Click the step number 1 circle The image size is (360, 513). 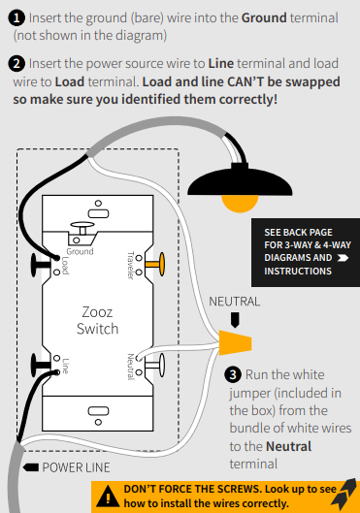tap(16, 17)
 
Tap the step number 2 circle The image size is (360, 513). tap(16, 63)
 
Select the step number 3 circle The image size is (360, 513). tap(233, 374)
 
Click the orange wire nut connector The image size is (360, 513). tap(235, 342)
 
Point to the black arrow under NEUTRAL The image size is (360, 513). tap(235, 320)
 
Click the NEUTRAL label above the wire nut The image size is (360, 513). tap(234, 302)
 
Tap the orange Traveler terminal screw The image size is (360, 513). tap(156, 264)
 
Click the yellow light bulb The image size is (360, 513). tap(240, 204)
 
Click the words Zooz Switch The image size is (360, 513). tap(97, 320)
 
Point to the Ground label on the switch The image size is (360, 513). tap(80, 251)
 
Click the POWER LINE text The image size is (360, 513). tap(76, 467)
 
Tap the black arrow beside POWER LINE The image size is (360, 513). tap(31, 467)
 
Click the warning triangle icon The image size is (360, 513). tap(108, 497)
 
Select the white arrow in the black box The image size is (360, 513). tap(343, 258)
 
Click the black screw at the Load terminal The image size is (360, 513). tap(40, 265)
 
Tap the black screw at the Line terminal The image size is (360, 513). tap(40, 366)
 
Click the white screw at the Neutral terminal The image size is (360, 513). tap(155, 366)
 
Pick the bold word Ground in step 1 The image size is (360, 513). tap(264, 17)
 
